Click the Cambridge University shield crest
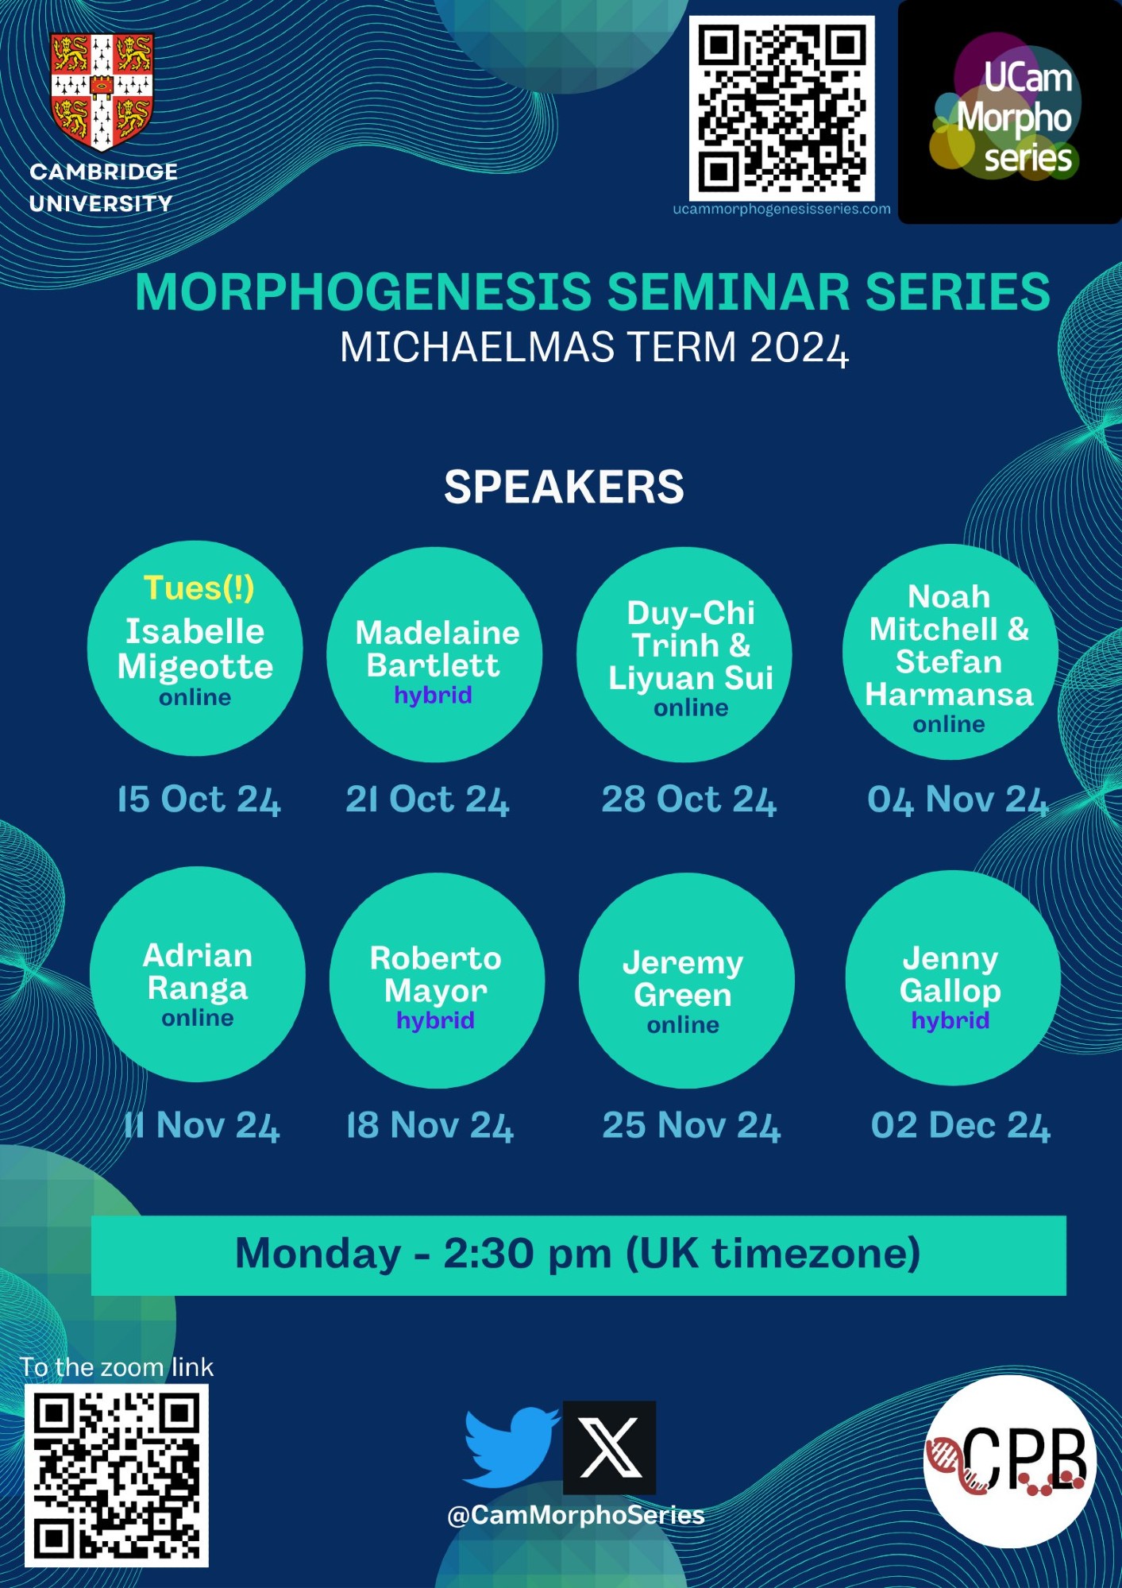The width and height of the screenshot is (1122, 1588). (102, 91)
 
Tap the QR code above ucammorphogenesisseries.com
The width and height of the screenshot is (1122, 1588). (781, 108)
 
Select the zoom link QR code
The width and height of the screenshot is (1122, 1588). (117, 1475)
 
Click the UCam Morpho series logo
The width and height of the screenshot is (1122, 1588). (1009, 111)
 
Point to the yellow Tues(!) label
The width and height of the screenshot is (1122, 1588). (199, 588)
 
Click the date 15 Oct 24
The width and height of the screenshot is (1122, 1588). (199, 800)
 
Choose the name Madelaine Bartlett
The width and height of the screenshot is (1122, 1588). (436, 649)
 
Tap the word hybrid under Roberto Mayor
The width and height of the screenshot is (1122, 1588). (435, 1020)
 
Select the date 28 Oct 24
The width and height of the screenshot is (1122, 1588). (688, 800)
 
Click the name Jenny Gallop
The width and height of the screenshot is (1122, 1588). (950, 974)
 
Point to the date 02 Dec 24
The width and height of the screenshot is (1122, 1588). (960, 1126)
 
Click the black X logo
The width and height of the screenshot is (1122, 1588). (610, 1447)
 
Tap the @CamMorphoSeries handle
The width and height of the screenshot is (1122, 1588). (576, 1515)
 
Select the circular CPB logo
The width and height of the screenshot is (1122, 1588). (1010, 1462)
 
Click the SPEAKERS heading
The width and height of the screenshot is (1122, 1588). (564, 487)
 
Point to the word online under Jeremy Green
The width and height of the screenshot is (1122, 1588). (683, 1025)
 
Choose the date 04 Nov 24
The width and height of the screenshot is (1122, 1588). (958, 800)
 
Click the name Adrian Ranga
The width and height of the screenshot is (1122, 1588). (198, 972)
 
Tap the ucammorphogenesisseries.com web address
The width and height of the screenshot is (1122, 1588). (781, 209)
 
